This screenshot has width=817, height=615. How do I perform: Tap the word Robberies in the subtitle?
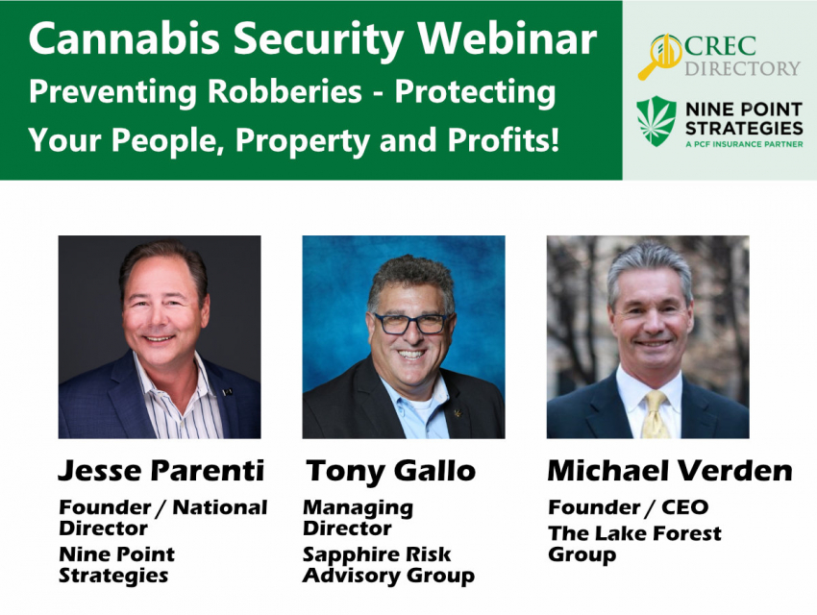point(285,91)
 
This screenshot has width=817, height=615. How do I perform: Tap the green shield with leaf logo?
point(656,121)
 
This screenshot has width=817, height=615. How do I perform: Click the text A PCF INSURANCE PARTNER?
point(744,144)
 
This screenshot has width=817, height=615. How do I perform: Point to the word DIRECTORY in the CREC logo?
point(742,68)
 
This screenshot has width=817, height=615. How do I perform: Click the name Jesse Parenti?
point(161,470)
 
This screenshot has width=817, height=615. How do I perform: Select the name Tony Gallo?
point(390,471)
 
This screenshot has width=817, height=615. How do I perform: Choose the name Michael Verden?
point(670,470)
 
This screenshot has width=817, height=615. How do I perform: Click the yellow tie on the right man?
point(655,415)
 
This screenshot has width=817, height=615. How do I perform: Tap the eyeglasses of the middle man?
point(411,324)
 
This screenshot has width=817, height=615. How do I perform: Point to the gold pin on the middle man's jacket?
point(458,413)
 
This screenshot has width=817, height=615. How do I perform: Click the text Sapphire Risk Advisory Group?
point(388,565)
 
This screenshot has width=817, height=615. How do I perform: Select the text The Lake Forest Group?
point(634,544)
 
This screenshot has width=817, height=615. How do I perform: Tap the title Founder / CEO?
point(628,506)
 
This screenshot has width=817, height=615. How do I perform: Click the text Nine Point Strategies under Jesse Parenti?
point(116,564)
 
